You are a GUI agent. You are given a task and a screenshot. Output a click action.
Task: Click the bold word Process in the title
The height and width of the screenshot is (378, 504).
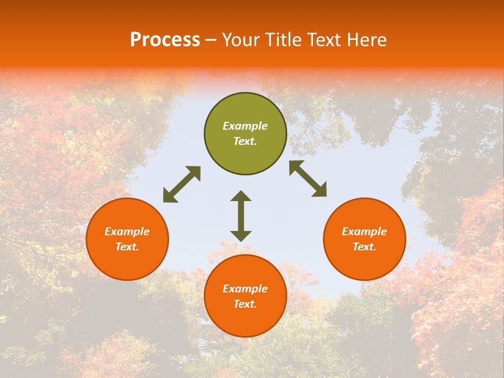(x=165, y=40)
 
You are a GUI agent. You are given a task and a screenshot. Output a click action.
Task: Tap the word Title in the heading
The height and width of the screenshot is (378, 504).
(x=282, y=40)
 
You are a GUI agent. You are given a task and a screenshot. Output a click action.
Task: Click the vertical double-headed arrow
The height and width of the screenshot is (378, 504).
(x=241, y=216)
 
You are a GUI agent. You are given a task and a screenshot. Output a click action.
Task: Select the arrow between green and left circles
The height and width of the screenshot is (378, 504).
(x=182, y=184)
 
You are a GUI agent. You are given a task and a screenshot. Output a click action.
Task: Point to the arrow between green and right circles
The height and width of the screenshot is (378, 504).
(x=308, y=178)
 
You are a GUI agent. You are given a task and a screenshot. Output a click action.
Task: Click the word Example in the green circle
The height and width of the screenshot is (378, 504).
(x=245, y=126)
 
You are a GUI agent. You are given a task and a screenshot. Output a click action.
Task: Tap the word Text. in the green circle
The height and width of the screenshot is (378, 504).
(x=245, y=141)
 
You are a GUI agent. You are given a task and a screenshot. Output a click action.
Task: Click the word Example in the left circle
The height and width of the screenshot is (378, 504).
(x=127, y=232)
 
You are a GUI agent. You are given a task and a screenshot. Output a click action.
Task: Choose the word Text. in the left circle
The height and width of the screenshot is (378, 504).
(x=127, y=247)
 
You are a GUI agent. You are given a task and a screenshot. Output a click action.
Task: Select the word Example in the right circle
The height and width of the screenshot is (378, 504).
(x=364, y=232)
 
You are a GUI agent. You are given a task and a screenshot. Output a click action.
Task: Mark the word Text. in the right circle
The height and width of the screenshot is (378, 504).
(x=364, y=247)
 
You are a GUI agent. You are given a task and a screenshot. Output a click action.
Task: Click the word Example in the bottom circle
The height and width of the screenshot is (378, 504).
(x=245, y=289)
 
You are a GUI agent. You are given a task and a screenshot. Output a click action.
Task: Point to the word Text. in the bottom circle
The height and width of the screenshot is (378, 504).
(x=245, y=304)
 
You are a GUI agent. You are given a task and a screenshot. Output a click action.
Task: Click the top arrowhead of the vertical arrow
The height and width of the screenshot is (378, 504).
(x=241, y=196)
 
